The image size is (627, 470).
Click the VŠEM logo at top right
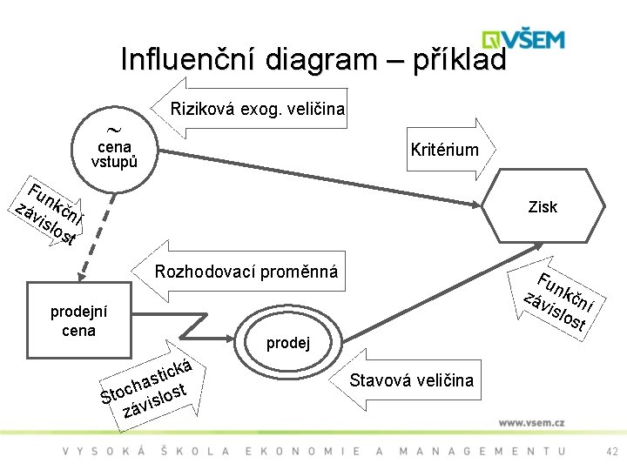coord(526,40)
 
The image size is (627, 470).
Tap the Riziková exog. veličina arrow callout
coord(253,110)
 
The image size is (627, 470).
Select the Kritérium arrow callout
coord(445,150)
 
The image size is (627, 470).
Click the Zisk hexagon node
coord(543,206)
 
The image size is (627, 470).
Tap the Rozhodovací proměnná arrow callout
coord(246,272)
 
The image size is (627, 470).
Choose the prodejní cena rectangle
coord(78,322)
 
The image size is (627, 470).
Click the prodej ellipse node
coord(287,341)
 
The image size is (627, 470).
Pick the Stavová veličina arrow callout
coord(408,380)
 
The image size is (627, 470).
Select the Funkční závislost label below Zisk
coord(562,301)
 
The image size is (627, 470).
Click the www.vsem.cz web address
coord(531,423)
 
